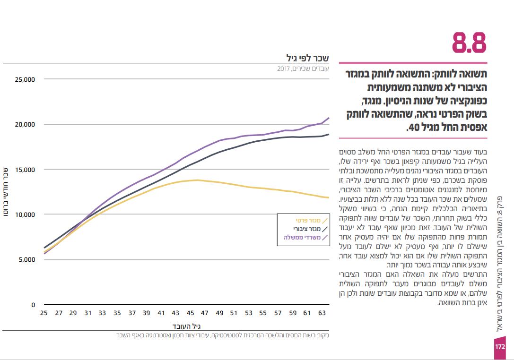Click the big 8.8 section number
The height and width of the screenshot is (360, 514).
pyautogui.click(x=469, y=43)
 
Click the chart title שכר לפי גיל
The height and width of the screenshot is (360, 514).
pyautogui.click(x=307, y=58)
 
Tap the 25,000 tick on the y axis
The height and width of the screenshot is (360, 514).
pyautogui.click(x=25, y=79)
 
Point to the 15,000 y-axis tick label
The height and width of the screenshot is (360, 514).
pyautogui.click(x=25, y=170)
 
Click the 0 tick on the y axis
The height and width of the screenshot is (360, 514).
pyautogui.click(x=33, y=305)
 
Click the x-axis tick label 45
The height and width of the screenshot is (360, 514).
pyautogui.click(x=190, y=313)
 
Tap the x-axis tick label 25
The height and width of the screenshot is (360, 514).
pyautogui.click(x=44, y=313)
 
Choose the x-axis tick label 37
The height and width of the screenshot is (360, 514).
pyautogui.click(x=132, y=313)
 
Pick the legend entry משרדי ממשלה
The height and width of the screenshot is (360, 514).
pyautogui.click(x=303, y=238)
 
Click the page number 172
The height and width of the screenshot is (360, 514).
pyautogui.click(x=500, y=347)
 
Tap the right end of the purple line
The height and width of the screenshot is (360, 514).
pyautogui.click(x=329, y=118)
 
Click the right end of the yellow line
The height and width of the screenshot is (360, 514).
pyautogui.click(x=329, y=197)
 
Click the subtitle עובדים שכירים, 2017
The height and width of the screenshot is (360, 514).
pyautogui.click(x=303, y=69)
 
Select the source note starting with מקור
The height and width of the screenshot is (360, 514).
pyautogui.click(x=222, y=335)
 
